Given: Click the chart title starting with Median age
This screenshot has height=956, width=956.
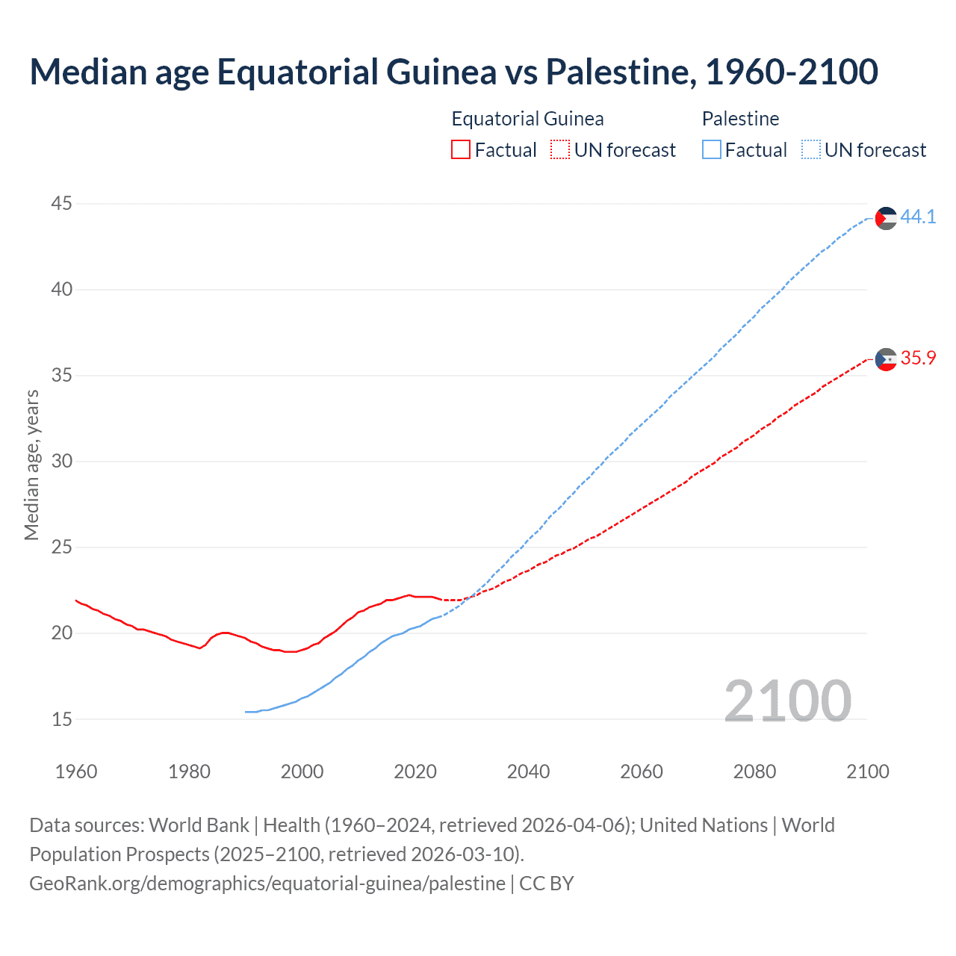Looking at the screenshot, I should coord(453,72).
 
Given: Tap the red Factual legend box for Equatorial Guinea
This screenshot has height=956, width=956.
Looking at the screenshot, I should coord(461,150).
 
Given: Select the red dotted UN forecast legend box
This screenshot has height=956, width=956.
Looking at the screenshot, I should coord(560,150).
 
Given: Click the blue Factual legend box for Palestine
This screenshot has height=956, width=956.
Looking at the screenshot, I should coord(712,150).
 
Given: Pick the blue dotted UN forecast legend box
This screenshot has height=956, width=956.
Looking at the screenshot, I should coord(811,150).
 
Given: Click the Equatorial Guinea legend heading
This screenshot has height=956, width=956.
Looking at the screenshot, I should coord(527,119).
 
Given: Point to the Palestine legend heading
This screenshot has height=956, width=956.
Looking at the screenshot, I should coord(740,119).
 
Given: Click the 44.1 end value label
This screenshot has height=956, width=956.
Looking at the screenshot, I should coord(918,217).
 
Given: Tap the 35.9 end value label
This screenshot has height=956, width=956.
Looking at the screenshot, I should coord(918,358).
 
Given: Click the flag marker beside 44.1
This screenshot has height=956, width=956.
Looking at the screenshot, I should coord(885,218).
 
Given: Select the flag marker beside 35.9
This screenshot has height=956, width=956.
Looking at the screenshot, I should coord(885,359).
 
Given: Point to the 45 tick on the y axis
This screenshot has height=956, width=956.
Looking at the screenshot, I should coord(62,203).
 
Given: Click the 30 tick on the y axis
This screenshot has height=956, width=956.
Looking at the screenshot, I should coord(62,461).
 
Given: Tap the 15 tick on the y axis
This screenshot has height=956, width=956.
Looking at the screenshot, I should coord(62,719).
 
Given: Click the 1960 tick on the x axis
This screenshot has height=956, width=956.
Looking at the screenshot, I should coord(76,772).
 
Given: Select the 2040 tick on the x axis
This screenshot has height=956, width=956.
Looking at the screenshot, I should coord(528,772).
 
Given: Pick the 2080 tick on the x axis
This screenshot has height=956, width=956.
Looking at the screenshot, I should coord(754,772).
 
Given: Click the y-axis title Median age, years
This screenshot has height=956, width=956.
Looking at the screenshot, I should coord(31,465).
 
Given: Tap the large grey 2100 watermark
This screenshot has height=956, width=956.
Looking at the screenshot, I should coord(787,701).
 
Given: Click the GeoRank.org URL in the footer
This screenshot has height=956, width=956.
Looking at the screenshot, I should coord(267,884).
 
